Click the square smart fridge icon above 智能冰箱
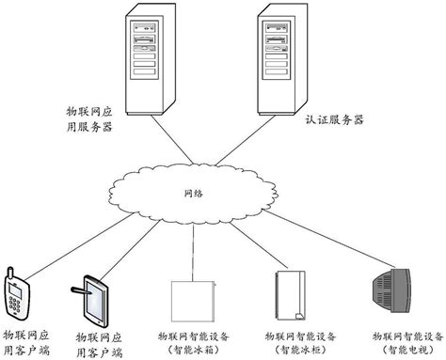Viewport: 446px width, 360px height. point(190,300)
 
